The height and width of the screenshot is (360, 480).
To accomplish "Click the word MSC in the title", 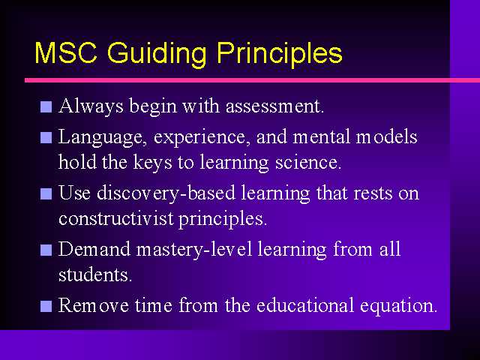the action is (66, 52).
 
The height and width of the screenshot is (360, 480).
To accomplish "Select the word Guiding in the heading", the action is (157, 55).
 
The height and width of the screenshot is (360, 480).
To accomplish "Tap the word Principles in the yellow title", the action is (280, 55).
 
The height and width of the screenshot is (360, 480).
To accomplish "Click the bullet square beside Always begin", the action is (46, 106).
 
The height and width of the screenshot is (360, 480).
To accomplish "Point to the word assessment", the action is (274, 106).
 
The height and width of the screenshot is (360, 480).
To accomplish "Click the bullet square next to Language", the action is (46, 137).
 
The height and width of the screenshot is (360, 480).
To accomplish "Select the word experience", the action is (199, 137).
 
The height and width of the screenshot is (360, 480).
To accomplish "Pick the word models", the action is (386, 136).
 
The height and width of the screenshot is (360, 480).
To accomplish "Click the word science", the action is (308, 162).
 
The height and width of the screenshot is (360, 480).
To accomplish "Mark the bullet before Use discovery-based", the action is (46, 193).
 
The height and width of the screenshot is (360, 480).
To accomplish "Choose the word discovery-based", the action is (166, 193).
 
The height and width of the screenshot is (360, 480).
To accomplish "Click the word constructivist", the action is (116, 218).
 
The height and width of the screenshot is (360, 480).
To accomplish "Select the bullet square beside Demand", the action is (46, 250).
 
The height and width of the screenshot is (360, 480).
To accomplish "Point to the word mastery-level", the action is (194, 250).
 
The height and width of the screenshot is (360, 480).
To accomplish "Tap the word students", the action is (95, 274).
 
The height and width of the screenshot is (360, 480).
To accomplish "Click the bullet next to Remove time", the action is (46, 306).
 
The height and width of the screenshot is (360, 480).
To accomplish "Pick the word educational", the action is (305, 305).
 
